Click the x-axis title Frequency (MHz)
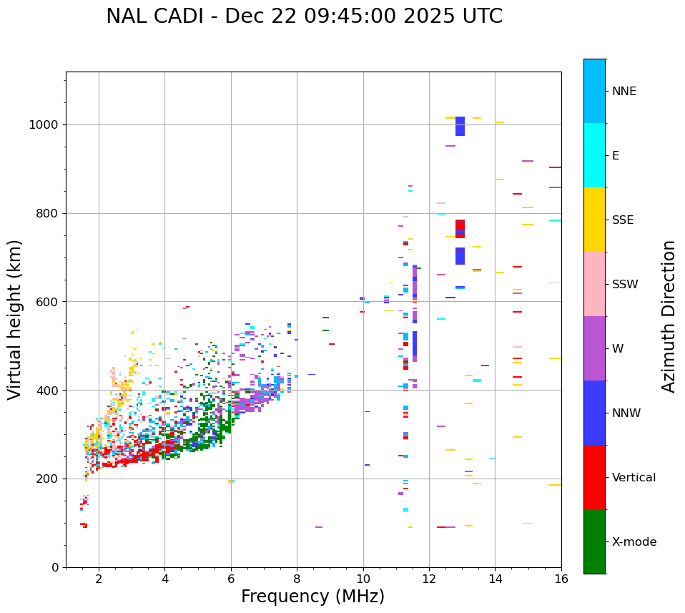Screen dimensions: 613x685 click(312, 597)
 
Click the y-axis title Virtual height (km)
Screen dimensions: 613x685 click(15, 319)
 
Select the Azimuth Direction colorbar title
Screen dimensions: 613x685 click(669, 316)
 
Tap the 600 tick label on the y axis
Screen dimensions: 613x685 click(46, 302)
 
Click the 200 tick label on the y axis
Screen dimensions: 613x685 click(46, 479)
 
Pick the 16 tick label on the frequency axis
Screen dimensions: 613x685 click(561, 579)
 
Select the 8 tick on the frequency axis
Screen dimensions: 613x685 click(297, 579)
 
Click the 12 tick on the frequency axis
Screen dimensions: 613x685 click(429, 579)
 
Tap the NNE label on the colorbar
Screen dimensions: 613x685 click(624, 92)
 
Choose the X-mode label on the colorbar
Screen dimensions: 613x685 click(634, 542)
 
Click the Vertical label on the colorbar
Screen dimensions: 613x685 click(634, 478)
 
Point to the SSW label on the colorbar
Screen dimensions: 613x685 click(625, 285)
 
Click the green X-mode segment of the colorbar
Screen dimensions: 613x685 click(594, 541)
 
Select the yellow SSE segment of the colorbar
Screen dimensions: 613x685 click(594, 220)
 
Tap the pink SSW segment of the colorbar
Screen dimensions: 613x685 click(594, 284)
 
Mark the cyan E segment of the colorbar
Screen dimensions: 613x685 click(594, 155)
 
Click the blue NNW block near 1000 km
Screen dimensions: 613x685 click(460, 127)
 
